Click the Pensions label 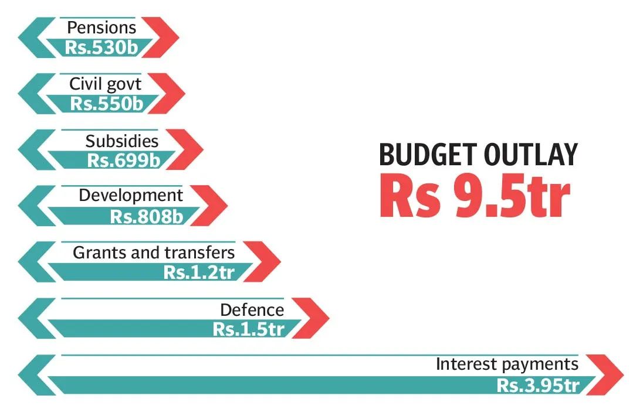(x=101, y=28)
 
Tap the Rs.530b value (x=101, y=47)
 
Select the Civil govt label (x=106, y=84)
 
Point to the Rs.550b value (x=107, y=103)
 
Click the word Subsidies (x=122, y=141)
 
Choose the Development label (x=131, y=196)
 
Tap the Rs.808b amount (x=147, y=216)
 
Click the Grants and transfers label (x=154, y=253)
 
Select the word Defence (x=252, y=310)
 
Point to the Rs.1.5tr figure (x=249, y=329)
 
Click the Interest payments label (x=507, y=364)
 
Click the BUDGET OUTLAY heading (x=478, y=155)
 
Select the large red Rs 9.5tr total (x=475, y=195)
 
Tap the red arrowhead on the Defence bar (x=312, y=318)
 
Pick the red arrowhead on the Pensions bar (x=161, y=38)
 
